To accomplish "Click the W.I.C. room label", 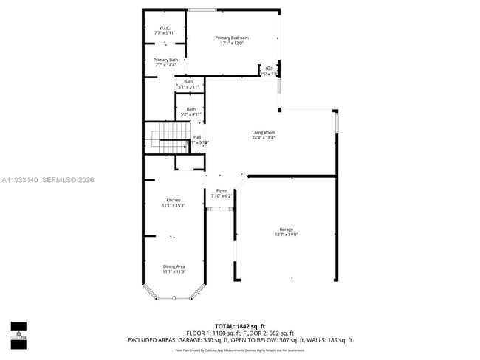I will pyautogui.click(x=164, y=28).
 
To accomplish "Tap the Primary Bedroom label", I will pyautogui.click(x=232, y=38).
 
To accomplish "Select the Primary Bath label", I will pyautogui.click(x=165, y=60).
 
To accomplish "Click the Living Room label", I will pyautogui.click(x=263, y=133).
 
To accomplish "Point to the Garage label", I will pyautogui.click(x=287, y=229).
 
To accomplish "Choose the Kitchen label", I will pyautogui.click(x=173, y=200).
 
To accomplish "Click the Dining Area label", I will pyautogui.click(x=174, y=266).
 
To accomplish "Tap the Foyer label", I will pyautogui.click(x=222, y=190).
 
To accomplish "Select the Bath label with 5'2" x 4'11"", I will pyautogui.click(x=187, y=109).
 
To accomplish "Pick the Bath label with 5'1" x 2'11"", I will pyautogui.click(x=188, y=82).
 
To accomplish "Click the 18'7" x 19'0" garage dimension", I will pyautogui.click(x=287, y=235).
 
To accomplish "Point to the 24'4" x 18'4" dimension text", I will pyautogui.click(x=263, y=138).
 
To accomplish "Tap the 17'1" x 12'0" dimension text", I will pyautogui.click(x=232, y=44).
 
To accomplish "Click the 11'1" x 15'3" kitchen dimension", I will pyautogui.click(x=173, y=206).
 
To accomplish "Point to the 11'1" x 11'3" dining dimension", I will pyautogui.click(x=174, y=271).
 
